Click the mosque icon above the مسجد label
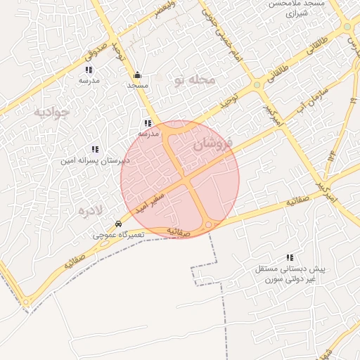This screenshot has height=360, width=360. click(137, 75)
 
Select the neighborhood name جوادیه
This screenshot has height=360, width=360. click(51, 112)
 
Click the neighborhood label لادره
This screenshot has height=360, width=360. click(91, 210)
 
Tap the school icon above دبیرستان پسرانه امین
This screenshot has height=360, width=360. click(95, 149)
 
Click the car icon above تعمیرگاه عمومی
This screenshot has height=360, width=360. click(118, 224)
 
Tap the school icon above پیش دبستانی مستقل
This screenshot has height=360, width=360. click(290, 258)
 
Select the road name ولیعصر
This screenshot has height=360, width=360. click(162, 13)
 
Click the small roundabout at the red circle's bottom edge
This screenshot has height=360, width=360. click(210, 225)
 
